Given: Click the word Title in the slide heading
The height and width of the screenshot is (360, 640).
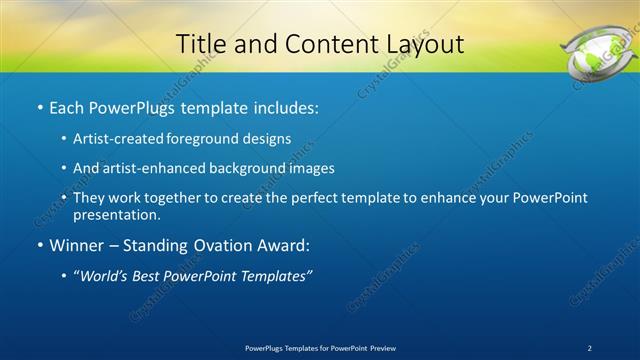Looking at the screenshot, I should point(198,44).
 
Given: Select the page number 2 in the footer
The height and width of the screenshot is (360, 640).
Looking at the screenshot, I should point(591,348).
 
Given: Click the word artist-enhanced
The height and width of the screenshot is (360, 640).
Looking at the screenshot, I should point(147,169).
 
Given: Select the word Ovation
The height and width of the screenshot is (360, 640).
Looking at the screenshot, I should point(218,245).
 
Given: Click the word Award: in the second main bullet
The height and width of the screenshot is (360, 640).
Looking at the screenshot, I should point(284,245).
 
